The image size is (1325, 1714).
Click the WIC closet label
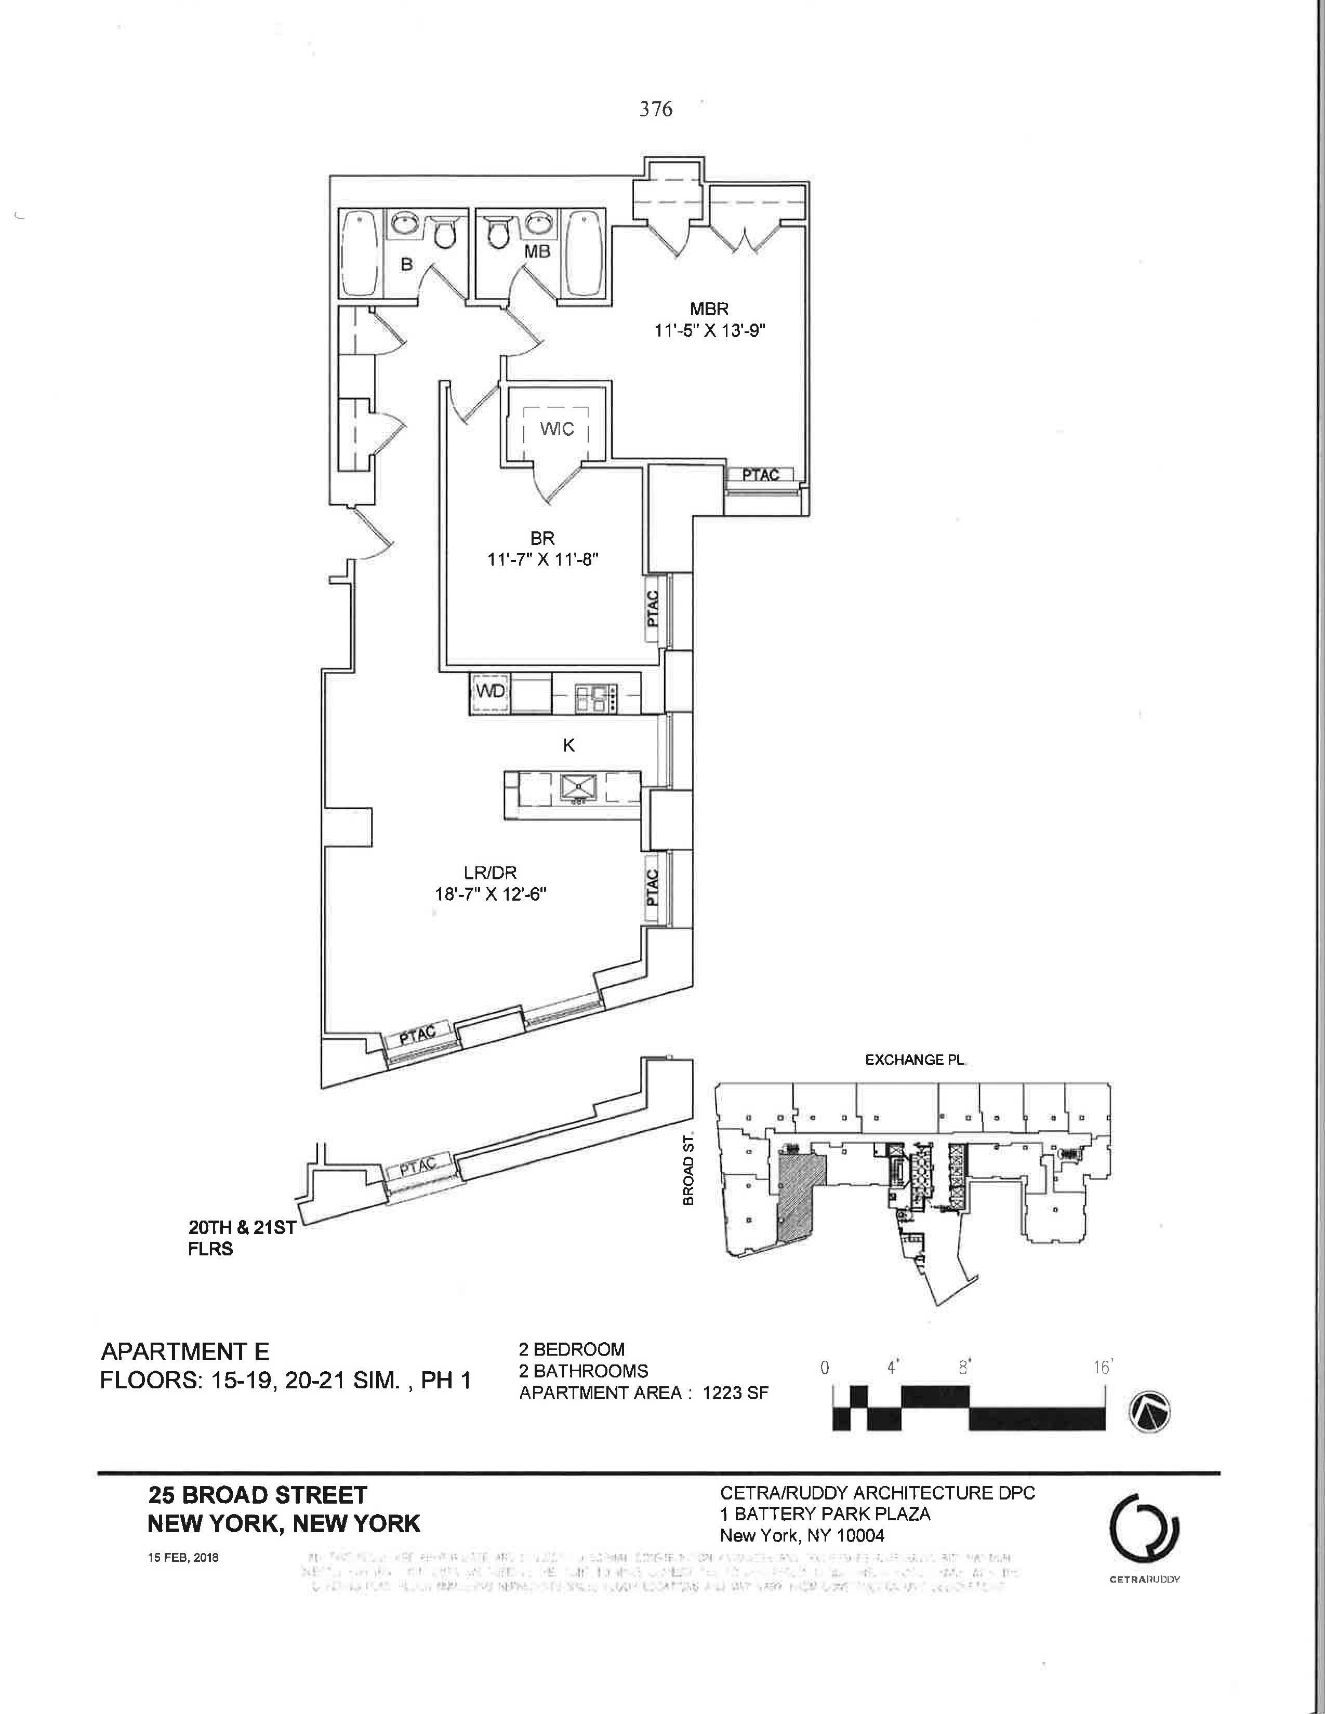click(x=556, y=430)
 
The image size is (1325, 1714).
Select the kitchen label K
click(x=569, y=745)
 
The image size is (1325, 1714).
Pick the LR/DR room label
click(x=491, y=871)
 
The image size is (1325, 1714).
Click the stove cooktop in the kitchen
click(x=597, y=698)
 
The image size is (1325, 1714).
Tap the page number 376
click(x=655, y=109)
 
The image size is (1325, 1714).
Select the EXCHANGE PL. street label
click(x=915, y=1060)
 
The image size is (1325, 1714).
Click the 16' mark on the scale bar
click(x=1102, y=1367)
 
